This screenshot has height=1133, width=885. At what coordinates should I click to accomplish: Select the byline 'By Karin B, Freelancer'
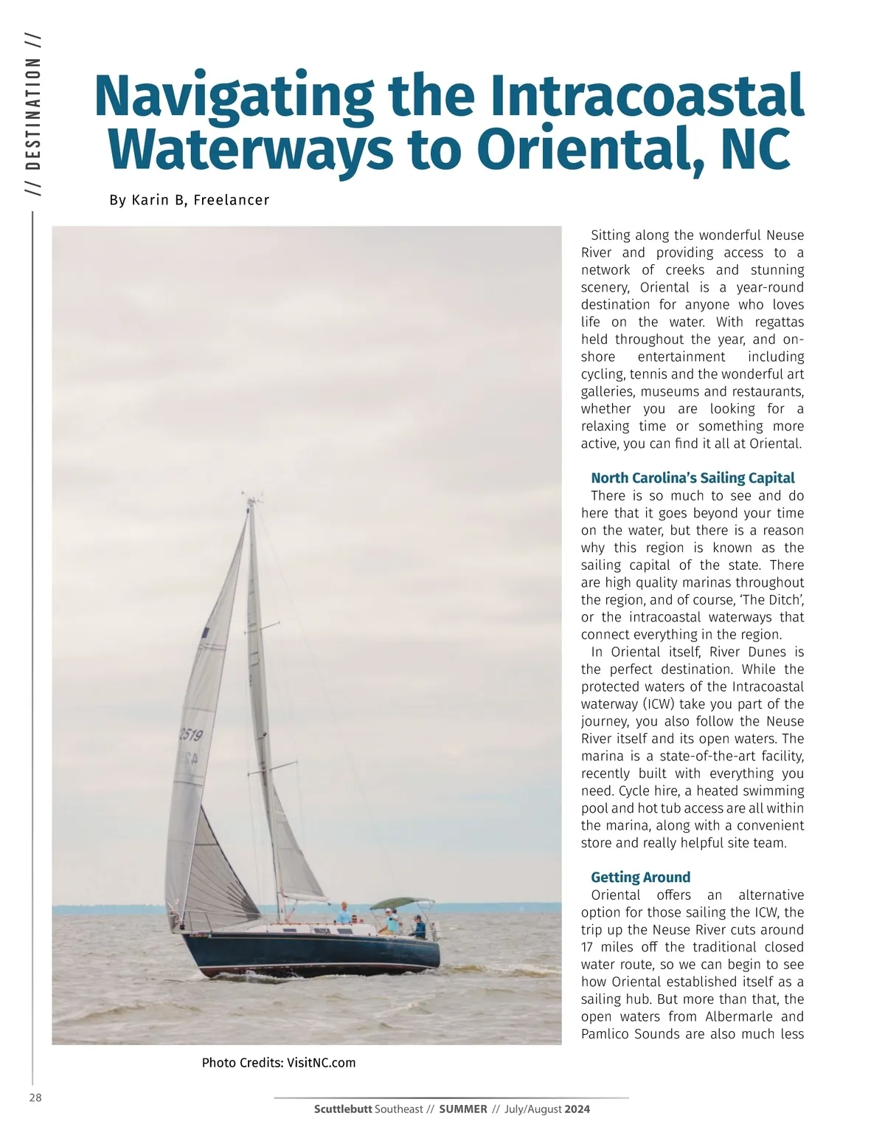(189, 200)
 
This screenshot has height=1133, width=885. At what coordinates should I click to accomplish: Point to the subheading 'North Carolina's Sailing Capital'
(693, 478)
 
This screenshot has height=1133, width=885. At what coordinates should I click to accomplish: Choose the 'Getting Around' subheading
(640, 877)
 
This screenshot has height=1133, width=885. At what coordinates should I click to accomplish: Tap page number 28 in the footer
(35, 1098)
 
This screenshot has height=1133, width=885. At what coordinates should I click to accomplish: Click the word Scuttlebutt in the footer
(343, 1109)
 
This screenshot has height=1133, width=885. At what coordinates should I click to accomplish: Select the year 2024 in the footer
(577, 1109)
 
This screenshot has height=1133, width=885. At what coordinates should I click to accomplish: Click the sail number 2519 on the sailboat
(190, 734)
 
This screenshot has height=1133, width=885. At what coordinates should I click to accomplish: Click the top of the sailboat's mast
(250, 501)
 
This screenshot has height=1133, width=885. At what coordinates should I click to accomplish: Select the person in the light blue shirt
(344, 915)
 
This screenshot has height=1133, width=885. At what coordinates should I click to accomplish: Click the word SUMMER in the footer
(463, 1109)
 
